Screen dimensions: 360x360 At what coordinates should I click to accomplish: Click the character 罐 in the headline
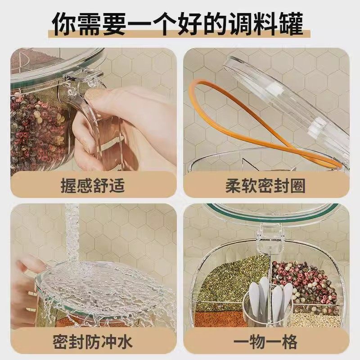290,23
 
